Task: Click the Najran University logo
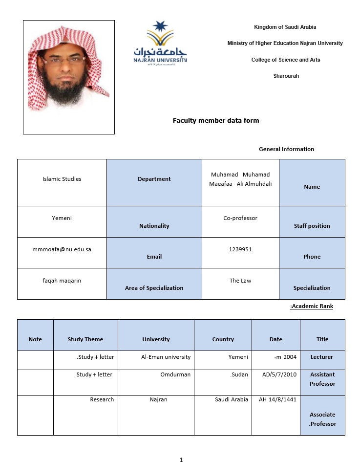click(160, 44)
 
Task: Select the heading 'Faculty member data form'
click(215, 120)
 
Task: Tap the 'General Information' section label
click(286, 149)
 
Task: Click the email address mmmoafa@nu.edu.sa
click(62, 249)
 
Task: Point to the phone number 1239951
click(240, 249)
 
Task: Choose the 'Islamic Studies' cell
click(62, 179)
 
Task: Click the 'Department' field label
click(154, 179)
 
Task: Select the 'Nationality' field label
click(154, 226)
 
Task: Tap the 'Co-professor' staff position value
click(240, 218)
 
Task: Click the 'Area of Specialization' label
click(154, 288)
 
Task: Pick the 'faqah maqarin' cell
click(62, 281)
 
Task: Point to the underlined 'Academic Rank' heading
click(312, 307)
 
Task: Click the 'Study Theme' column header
click(85, 339)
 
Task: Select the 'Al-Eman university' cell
click(166, 357)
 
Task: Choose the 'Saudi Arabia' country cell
click(231, 400)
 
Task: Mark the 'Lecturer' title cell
click(322, 357)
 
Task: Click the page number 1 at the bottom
click(181, 460)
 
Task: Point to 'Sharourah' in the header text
click(286, 76)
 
